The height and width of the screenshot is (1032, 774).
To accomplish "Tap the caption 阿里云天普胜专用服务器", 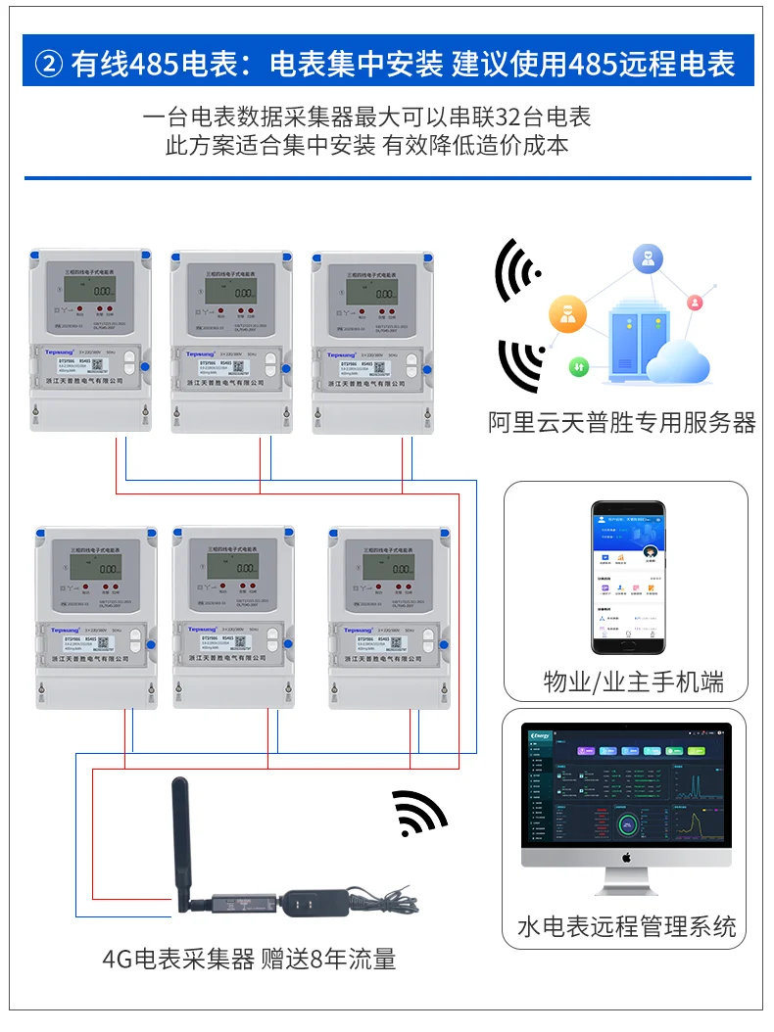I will [x=622, y=422].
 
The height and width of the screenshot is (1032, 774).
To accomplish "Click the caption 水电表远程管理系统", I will [x=626, y=926].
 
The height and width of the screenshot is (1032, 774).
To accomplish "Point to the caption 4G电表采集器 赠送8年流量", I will [x=249, y=959].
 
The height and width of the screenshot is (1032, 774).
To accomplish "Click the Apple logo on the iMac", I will [x=626, y=858].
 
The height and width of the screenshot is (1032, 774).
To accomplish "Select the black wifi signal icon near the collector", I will [x=419, y=812].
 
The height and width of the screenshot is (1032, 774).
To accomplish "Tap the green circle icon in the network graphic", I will [x=579, y=366].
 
